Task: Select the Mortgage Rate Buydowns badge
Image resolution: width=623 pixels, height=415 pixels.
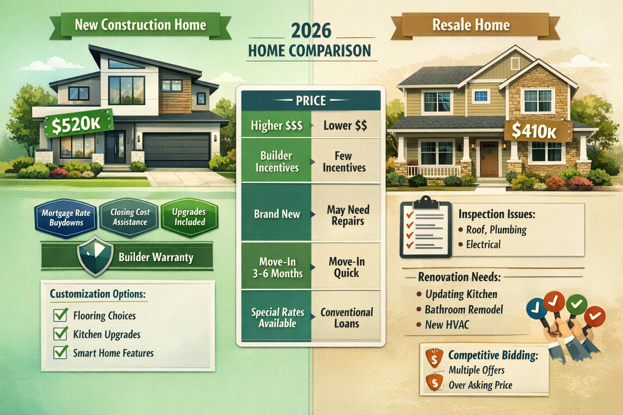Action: click(66, 218)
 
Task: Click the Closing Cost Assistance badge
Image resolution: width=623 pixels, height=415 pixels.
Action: click(130, 217)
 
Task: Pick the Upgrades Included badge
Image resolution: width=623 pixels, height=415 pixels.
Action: click(189, 217)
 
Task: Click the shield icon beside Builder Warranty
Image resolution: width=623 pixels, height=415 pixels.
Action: click(95, 256)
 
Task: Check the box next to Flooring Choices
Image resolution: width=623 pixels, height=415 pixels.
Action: click(60, 315)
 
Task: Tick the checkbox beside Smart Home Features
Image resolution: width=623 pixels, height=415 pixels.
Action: click(60, 352)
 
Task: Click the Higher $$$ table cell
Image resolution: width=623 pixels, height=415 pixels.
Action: click(277, 126)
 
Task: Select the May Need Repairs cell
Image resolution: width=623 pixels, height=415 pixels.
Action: click(347, 215)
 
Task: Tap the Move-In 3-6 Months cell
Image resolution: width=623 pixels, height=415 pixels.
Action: click(277, 267)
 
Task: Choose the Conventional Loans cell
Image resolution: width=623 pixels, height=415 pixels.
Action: click(346, 318)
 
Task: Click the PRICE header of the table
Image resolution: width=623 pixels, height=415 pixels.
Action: click(311, 101)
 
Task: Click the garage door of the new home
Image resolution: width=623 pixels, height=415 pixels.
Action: click(176, 150)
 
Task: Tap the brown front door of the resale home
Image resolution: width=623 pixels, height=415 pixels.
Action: click(489, 158)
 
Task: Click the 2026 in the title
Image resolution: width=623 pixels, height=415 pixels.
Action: click(311, 31)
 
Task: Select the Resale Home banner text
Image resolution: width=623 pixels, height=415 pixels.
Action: click(471, 25)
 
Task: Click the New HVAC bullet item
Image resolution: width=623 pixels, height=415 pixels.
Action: click(447, 325)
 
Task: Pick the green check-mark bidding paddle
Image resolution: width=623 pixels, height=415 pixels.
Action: click(576, 304)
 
